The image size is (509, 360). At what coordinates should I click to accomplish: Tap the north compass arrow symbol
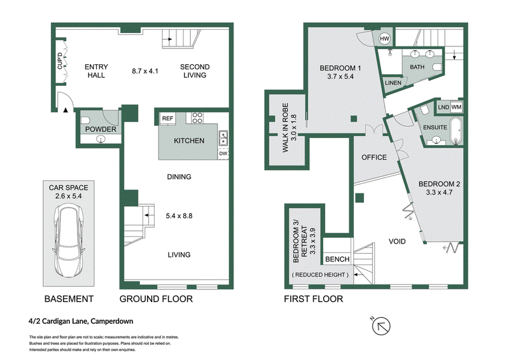(380, 326)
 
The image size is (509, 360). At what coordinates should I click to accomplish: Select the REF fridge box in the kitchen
(167, 118)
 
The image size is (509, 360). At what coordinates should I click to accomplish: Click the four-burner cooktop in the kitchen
(197, 118)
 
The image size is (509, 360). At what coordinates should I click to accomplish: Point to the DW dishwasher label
(223, 153)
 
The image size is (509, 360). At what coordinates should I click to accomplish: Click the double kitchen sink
(223, 138)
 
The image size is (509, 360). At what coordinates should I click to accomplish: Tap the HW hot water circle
(384, 39)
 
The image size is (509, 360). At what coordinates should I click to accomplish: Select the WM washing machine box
(456, 107)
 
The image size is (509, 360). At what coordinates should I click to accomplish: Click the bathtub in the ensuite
(456, 131)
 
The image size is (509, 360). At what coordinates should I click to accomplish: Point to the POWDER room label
(101, 129)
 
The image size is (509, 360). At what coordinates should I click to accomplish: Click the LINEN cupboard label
(393, 83)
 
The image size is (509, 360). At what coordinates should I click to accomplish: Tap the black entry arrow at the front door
(66, 110)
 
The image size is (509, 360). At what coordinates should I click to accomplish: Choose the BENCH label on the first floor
(337, 259)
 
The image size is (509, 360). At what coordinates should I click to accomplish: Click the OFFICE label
(374, 158)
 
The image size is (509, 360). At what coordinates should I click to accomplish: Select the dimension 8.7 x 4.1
(145, 71)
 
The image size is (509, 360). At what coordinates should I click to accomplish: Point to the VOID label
(397, 241)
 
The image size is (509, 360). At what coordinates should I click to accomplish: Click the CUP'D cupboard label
(60, 60)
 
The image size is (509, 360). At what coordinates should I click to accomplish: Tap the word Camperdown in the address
(112, 321)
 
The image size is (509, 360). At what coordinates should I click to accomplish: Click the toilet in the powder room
(85, 120)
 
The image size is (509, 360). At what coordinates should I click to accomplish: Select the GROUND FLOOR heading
(156, 299)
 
